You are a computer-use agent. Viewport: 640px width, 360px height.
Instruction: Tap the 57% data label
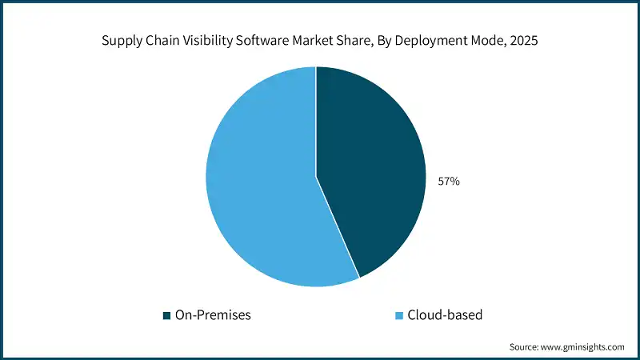(448, 182)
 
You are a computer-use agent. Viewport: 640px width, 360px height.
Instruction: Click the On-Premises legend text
(213, 315)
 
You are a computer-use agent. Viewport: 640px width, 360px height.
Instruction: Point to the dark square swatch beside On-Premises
(166, 315)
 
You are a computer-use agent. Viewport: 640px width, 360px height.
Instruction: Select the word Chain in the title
(162, 42)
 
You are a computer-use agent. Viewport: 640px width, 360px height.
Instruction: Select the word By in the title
(389, 42)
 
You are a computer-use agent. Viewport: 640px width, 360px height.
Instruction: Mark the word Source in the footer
(526, 346)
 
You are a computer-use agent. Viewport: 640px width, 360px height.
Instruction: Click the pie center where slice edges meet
(316, 177)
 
